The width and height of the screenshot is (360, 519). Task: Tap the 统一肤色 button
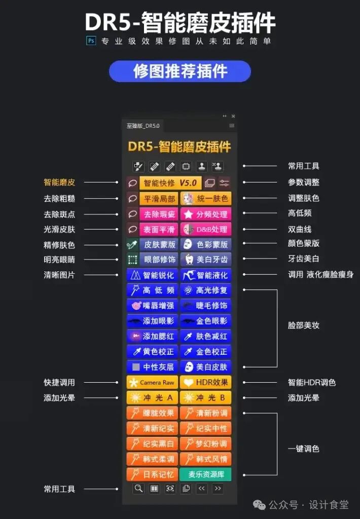pos(206,199)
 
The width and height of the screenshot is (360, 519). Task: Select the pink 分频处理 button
pos(206,214)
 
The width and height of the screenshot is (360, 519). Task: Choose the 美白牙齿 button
pos(206,259)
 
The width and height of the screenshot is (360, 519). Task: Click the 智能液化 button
pos(206,275)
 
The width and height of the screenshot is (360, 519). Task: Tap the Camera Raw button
pos(152,382)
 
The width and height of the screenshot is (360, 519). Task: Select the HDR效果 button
pos(206,382)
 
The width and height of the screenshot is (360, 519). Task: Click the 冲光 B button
pos(206,397)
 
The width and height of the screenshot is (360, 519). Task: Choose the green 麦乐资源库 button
pos(206,474)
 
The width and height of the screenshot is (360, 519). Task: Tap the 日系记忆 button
pos(152,474)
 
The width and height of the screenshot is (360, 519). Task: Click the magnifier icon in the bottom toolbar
pos(138,489)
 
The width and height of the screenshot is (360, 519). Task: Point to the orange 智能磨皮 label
pos(59,182)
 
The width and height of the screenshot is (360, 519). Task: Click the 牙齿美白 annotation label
pos(304,258)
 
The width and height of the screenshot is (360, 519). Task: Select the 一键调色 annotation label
pos(304,449)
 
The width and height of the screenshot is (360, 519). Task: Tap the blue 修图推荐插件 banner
pos(180,71)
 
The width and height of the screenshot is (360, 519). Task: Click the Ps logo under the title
pos(91,41)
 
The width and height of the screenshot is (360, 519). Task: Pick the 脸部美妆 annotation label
pos(304,325)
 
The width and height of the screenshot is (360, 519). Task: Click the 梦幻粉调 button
pos(206,443)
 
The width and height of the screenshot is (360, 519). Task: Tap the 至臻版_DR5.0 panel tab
pos(143,126)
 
